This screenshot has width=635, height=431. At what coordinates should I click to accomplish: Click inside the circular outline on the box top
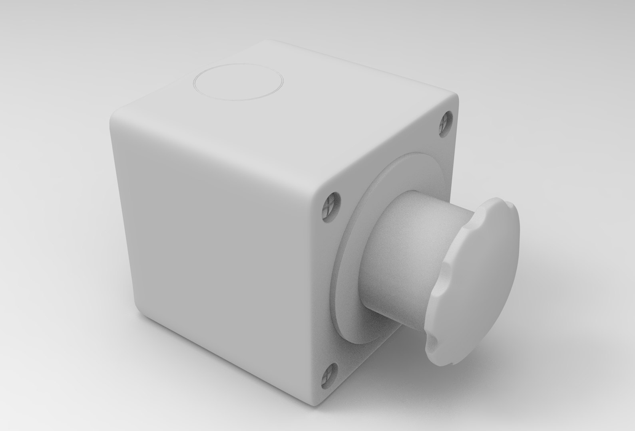[239, 83]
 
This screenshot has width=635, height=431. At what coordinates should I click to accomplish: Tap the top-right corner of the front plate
[455, 98]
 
